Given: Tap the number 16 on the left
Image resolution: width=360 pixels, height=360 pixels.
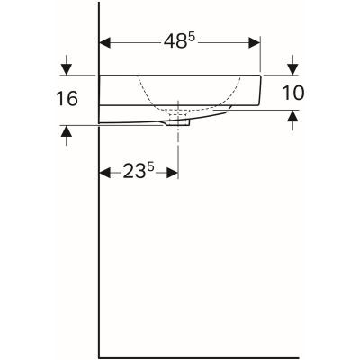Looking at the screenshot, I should click(65, 98).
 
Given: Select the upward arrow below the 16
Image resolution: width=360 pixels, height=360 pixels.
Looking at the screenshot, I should click(65, 131).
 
